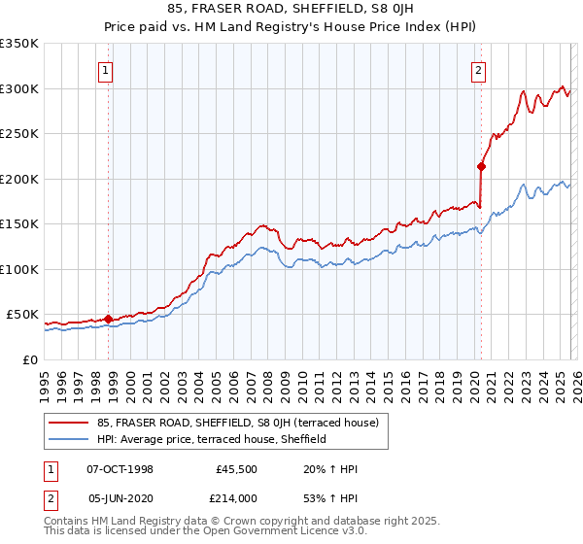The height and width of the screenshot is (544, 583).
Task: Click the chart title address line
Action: click(x=291, y=11)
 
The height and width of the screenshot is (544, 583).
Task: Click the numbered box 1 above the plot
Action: click(x=105, y=69)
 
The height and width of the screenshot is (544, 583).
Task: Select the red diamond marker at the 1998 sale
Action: click(x=109, y=318)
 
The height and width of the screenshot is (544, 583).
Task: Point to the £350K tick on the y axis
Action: click(x=19, y=44)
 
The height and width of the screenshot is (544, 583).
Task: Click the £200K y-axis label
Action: click(x=19, y=179)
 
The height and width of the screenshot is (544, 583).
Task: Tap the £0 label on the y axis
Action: click(x=29, y=359)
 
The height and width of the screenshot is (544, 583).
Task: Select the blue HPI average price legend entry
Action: click(x=215, y=439)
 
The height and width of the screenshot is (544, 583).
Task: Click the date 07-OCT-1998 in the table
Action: click(x=120, y=469)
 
